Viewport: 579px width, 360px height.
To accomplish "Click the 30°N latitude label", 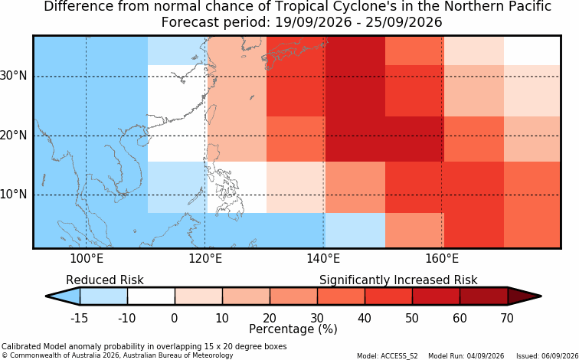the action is pyautogui.click(x=13, y=76).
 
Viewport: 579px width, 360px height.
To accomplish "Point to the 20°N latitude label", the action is pyautogui.click(x=13, y=135).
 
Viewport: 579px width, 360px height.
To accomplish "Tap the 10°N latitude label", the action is pyautogui.click(x=13, y=195).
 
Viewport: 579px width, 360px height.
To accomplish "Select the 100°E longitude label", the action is pyautogui.click(x=87, y=259).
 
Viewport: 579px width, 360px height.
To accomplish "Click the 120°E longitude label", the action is pyautogui.click(x=205, y=259).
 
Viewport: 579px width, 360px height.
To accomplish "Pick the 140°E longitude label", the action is pyautogui.click(x=323, y=259).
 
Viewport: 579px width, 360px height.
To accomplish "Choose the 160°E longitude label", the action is pyautogui.click(x=442, y=259).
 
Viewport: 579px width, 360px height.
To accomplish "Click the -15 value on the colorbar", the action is pyautogui.click(x=79, y=318).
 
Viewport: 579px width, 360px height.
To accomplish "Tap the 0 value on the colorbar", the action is pyautogui.click(x=175, y=318).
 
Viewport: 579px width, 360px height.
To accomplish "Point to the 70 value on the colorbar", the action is pyautogui.click(x=507, y=318).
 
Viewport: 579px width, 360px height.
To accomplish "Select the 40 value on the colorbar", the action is pyautogui.click(x=365, y=318).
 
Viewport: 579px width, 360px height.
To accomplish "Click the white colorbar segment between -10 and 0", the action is pyautogui.click(x=151, y=296).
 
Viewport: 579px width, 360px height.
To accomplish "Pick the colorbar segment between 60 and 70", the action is pyautogui.click(x=484, y=296).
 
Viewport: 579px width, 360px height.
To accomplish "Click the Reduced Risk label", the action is pyautogui.click(x=105, y=280).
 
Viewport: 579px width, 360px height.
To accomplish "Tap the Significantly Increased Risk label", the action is pyautogui.click(x=398, y=280).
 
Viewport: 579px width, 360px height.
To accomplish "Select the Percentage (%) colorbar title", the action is pyautogui.click(x=293, y=329).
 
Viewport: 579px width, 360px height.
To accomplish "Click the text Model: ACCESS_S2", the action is pyautogui.click(x=388, y=356).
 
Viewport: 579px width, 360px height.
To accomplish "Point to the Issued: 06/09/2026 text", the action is pyautogui.click(x=548, y=356).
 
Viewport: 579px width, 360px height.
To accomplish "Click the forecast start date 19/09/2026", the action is pyautogui.click(x=313, y=22).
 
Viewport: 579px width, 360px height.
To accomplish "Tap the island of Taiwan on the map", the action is pyautogui.click(x=211, y=115).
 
